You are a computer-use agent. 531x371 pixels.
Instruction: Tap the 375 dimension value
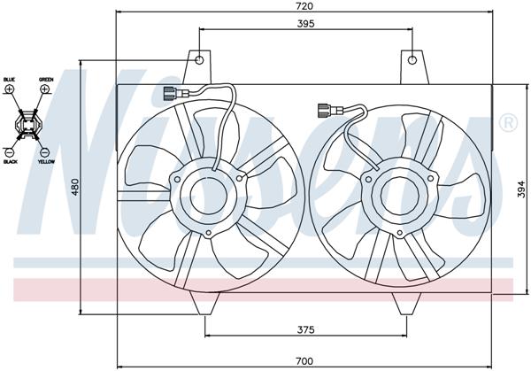coord(306,328)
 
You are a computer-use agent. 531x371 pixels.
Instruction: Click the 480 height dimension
coord(76,187)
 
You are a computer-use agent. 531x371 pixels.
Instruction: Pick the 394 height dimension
coord(521,188)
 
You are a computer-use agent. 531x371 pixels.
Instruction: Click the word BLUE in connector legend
coord(10,80)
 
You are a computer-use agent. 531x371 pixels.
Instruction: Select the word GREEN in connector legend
coord(46,80)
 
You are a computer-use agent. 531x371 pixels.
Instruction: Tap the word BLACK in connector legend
coord(11,162)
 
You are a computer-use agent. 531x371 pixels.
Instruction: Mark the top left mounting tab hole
coord(200,61)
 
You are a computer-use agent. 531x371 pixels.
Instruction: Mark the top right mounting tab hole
coord(411,61)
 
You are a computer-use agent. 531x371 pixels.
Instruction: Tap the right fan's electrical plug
coord(326,112)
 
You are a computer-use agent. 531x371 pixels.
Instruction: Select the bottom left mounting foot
coord(209,303)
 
